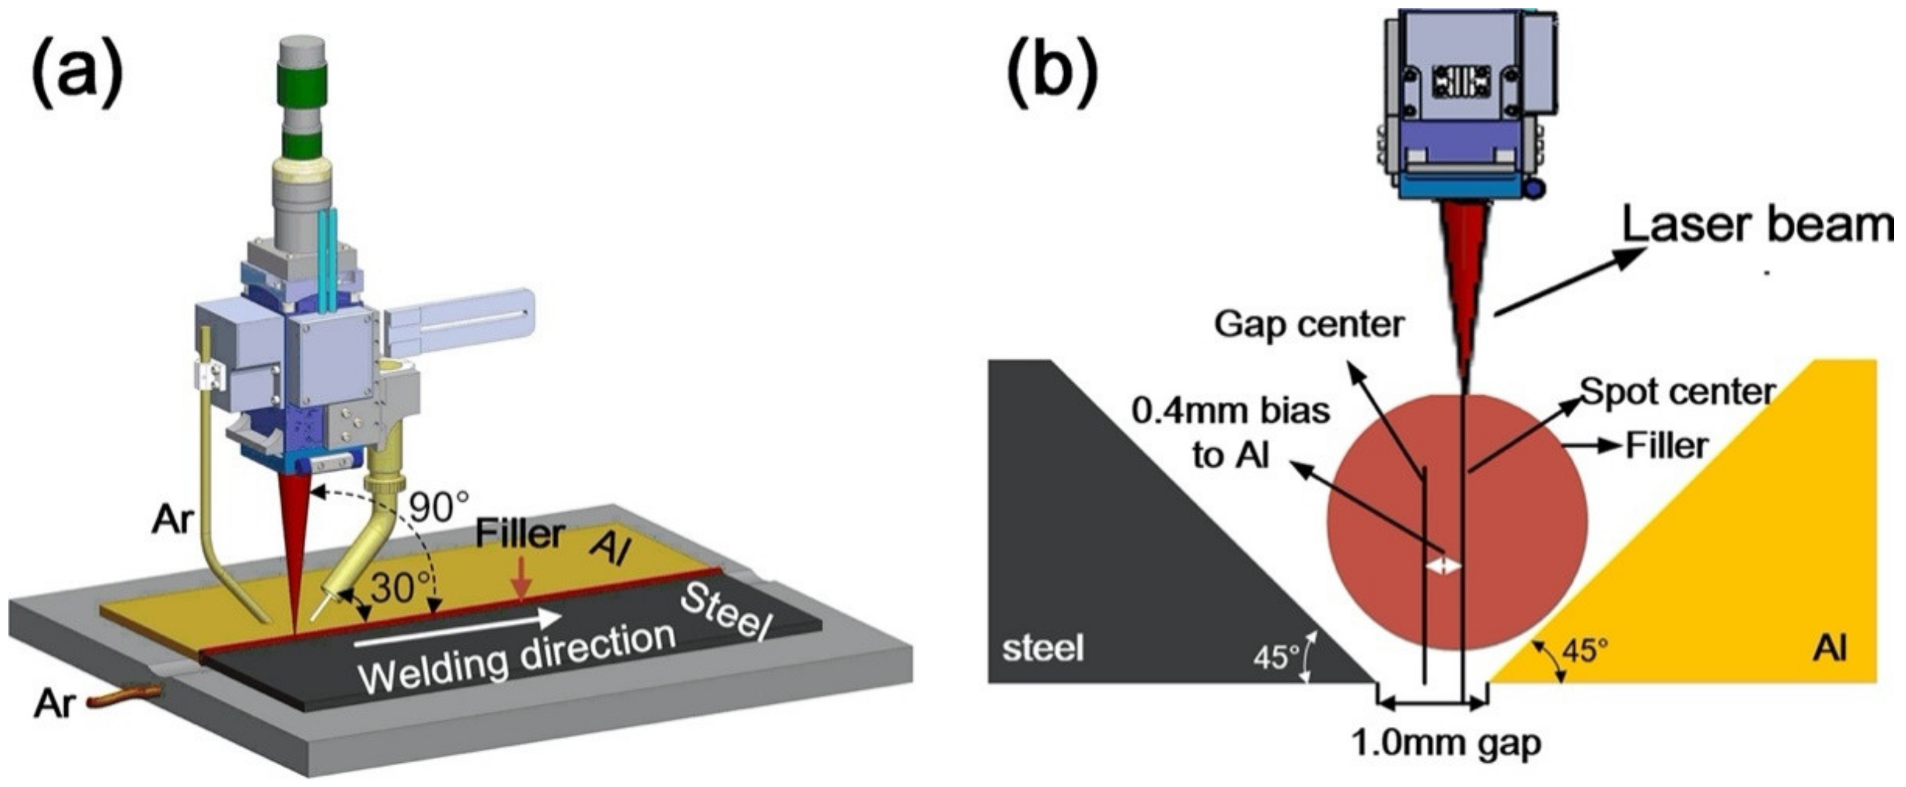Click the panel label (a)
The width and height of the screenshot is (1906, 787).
tap(76, 72)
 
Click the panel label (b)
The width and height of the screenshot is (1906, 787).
tap(1052, 72)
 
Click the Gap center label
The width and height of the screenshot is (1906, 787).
tap(1309, 324)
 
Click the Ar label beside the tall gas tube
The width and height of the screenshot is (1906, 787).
tap(173, 520)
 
